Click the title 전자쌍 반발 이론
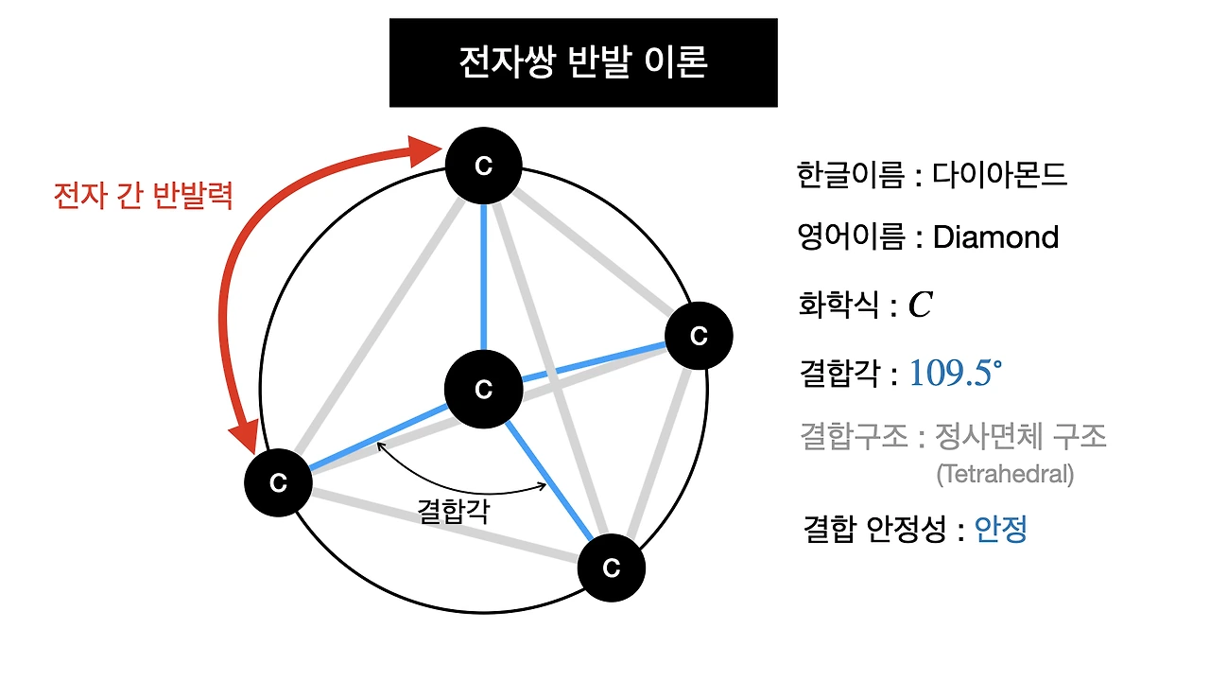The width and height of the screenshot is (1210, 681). point(582,62)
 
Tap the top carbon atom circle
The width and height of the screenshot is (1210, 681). point(484,166)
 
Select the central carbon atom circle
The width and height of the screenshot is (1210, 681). point(484,389)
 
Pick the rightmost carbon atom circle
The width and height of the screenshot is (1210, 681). point(699,336)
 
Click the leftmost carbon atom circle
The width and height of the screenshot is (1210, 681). point(278,482)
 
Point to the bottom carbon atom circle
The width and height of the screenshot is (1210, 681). point(611,567)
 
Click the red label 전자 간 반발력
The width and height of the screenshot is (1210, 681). point(143,196)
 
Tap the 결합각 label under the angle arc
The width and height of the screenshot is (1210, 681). point(453,511)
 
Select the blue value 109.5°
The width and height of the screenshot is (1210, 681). point(955,374)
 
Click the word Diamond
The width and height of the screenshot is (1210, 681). point(995,236)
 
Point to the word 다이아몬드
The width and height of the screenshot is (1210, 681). point(999,175)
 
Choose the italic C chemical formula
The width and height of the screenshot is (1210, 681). point(920,305)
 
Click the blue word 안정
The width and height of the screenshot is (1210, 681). point(1000,529)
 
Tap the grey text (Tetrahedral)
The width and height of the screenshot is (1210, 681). point(1005,474)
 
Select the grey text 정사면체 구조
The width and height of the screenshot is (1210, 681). point(1020,437)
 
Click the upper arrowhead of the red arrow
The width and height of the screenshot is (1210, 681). point(426,149)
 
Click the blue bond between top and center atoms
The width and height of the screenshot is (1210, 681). point(484,274)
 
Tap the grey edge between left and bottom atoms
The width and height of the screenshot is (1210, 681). point(444,525)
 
